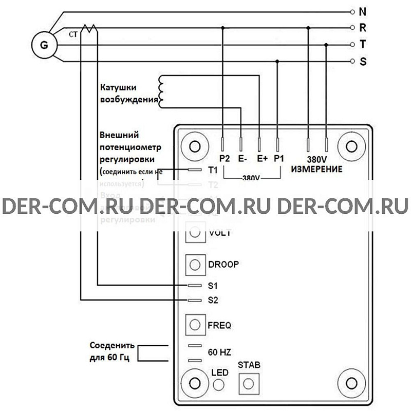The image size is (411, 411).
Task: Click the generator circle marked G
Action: (x=44, y=45)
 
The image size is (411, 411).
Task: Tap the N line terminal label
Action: (x=362, y=11)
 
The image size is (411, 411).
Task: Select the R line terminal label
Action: (x=362, y=28)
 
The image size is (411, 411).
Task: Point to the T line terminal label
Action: (x=362, y=45)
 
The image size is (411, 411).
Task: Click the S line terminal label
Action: (x=362, y=62)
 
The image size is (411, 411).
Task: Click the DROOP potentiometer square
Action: (x=195, y=265)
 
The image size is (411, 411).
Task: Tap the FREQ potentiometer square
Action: (x=195, y=325)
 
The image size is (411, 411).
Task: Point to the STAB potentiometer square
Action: (x=249, y=383)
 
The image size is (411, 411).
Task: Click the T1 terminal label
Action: (x=213, y=169)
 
